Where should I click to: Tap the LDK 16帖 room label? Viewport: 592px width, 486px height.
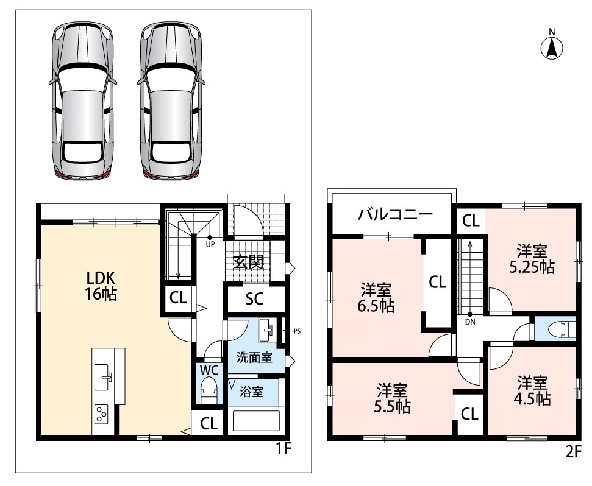coord(101,286)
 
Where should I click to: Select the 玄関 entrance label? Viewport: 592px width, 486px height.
coord(248,262)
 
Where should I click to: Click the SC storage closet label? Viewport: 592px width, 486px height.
coord(254,299)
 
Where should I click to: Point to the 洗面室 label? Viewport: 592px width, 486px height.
coord(254,357)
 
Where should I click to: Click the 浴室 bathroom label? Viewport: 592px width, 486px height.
coord(251,392)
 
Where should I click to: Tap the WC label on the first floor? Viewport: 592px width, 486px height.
coord(209,370)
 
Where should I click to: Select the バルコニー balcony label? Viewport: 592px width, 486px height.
coord(395,214)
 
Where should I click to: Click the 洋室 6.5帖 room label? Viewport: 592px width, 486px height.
coord(376,298)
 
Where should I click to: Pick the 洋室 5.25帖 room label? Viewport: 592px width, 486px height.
coord(532,259)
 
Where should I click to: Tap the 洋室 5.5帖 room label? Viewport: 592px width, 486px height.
coord(393,398)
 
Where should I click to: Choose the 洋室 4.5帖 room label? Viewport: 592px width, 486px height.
coord(532,391)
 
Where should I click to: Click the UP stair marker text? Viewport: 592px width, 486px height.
coord(210,244)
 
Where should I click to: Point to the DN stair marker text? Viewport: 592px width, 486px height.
coord(470,322)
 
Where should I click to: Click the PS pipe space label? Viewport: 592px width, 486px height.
coord(297,331)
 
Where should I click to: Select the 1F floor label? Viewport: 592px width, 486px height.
coord(284,449)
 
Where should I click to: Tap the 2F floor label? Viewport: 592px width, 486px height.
coord(573,452)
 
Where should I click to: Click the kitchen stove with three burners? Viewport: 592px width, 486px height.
coord(101,414)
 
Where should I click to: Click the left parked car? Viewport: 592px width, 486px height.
coord(83,100)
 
